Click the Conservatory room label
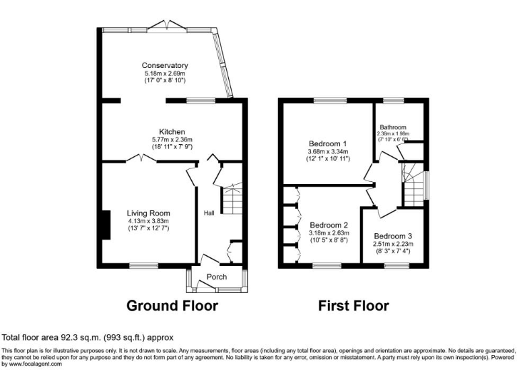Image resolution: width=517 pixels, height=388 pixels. [164, 65]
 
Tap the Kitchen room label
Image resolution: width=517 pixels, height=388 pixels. [172, 131]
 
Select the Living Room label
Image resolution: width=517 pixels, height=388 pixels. [148, 213]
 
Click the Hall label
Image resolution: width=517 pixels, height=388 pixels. [209, 214]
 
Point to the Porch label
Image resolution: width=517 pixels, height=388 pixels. [217, 277]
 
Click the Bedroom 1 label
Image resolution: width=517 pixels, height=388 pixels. [328, 143]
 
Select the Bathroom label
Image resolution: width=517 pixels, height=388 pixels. [392, 127]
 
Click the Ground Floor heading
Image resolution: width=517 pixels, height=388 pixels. [172, 306]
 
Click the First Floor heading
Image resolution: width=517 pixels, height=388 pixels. [353, 306]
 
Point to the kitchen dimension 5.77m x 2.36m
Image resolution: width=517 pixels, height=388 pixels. [172, 139]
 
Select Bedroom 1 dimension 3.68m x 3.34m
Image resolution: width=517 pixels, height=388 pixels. [328, 152]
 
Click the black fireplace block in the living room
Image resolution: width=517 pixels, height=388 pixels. [104, 225]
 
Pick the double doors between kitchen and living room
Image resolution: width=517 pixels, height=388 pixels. [141, 159]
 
